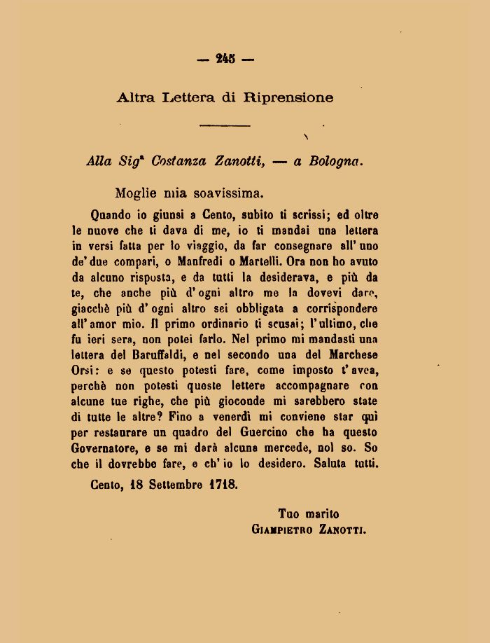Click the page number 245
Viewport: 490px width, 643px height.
[225, 60]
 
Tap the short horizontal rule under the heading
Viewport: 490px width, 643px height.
[225, 125]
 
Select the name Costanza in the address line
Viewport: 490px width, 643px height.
[178, 161]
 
